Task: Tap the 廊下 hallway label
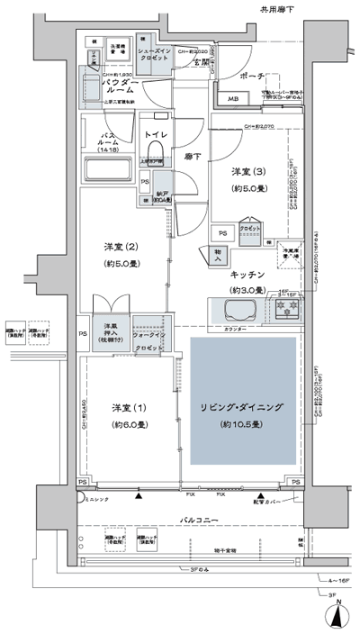(193, 156)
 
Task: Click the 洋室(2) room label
(121, 255)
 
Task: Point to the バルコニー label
(195, 520)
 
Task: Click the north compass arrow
(337, 617)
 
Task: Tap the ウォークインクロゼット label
(148, 336)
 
